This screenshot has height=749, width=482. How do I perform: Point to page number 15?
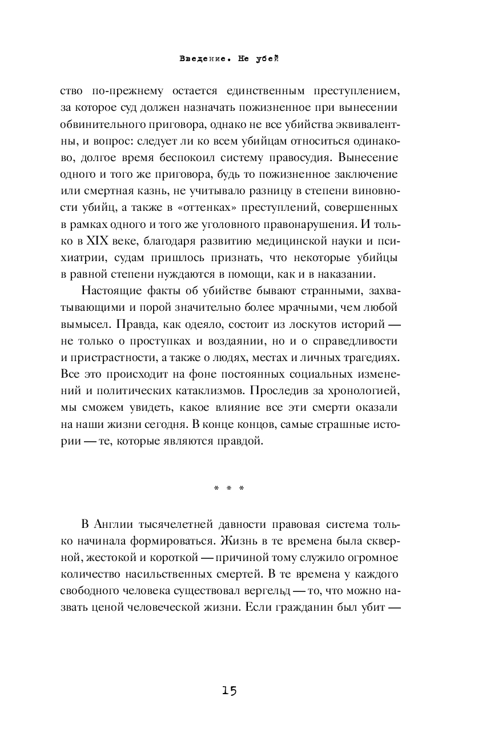(228, 690)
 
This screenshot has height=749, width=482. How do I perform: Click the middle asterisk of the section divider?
(228, 488)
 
